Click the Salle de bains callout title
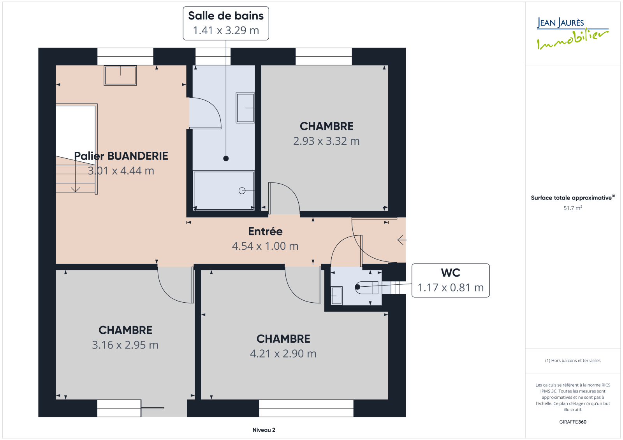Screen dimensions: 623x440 coord(226,16)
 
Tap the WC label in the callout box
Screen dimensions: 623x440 coord(451,273)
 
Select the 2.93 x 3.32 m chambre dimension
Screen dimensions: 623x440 coord(327,141)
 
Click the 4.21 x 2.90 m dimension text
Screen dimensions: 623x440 coord(283,354)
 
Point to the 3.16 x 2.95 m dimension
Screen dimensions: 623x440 coord(125,345)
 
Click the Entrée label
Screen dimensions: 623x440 coord(265,231)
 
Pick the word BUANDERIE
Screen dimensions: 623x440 coord(138,156)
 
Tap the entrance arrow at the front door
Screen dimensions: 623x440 coord(402,240)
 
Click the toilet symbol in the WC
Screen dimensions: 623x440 coord(366,287)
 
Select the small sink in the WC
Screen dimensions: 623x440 coord(336,296)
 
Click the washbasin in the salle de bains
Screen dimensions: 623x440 coord(245,108)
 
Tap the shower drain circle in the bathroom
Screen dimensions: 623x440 coord(242,191)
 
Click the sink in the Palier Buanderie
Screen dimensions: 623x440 coord(120,75)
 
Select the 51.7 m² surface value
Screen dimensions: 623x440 coord(573,208)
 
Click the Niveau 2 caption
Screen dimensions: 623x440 coord(264,430)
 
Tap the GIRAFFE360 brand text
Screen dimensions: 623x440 coord(573,422)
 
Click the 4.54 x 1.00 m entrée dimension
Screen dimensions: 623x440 coord(265,246)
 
